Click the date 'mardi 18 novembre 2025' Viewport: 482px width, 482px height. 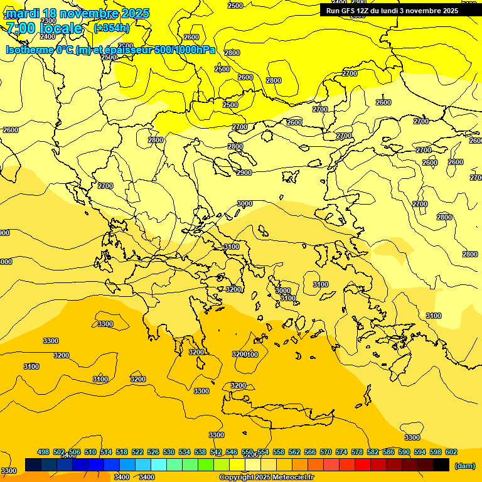coord(77,13)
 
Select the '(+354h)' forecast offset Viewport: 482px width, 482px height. coord(112,28)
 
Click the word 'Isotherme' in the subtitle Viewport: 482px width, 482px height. coord(30,50)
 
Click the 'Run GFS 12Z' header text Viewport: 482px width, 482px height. coord(349,11)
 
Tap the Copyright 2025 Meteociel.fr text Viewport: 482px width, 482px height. coord(266,478)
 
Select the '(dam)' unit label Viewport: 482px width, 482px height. coord(464,465)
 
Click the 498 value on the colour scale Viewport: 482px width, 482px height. coord(43,453)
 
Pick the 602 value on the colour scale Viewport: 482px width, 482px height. coord(451,453)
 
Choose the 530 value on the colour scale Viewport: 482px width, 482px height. coord(169,453)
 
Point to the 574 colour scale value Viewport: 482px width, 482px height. coord(341,453)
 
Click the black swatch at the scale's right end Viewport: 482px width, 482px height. coord(441,465)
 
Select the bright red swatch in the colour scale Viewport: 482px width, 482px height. coord(363,465)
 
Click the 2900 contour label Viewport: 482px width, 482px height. coord(244,173)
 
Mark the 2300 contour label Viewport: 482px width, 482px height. coord(48,21)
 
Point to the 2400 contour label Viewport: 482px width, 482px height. coord(48,36)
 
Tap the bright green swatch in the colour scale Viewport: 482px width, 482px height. coord(206,465)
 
